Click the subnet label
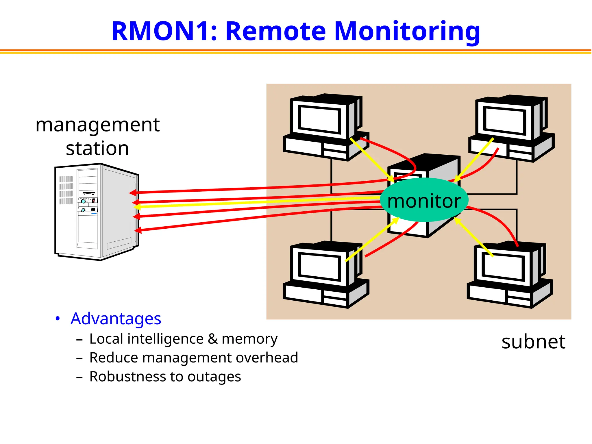(533, 342)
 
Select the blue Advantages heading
(116, 319)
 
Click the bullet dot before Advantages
(58, 319)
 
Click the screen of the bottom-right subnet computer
(503, 267)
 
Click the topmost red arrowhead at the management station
(133, 193)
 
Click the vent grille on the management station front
(66, 190)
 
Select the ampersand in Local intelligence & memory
(212, 339)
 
